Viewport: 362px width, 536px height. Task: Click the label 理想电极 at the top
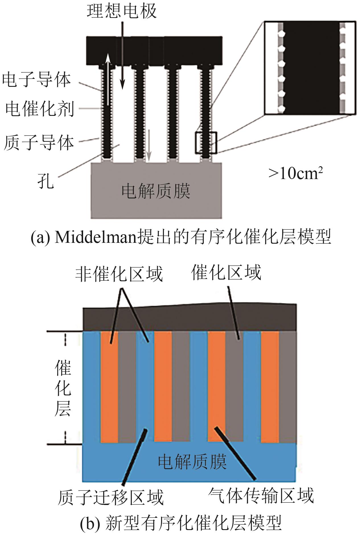click(x=122, y=12)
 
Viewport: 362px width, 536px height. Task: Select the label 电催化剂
click(x=40, y=109)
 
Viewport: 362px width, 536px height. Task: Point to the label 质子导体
click(x=39, y=143)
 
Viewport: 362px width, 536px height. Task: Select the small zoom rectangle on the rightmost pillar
click(x=206, y=143)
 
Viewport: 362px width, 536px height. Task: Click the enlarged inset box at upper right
click(x=310, y=68)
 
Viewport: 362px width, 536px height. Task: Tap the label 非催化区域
click(x=119, y=274)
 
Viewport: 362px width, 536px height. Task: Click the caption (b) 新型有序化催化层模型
click(x=181, y=523)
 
